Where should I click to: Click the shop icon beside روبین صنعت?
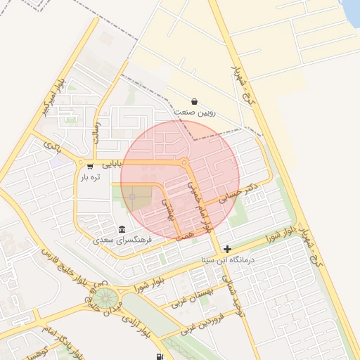pos(194,101)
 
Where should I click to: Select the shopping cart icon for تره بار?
pos(90,167)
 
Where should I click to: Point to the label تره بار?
pos(90,178)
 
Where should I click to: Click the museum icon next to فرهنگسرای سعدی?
pos(122,230)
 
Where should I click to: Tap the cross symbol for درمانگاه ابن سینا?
pos(227,249)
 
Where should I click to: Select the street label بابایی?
pos(112,164)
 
